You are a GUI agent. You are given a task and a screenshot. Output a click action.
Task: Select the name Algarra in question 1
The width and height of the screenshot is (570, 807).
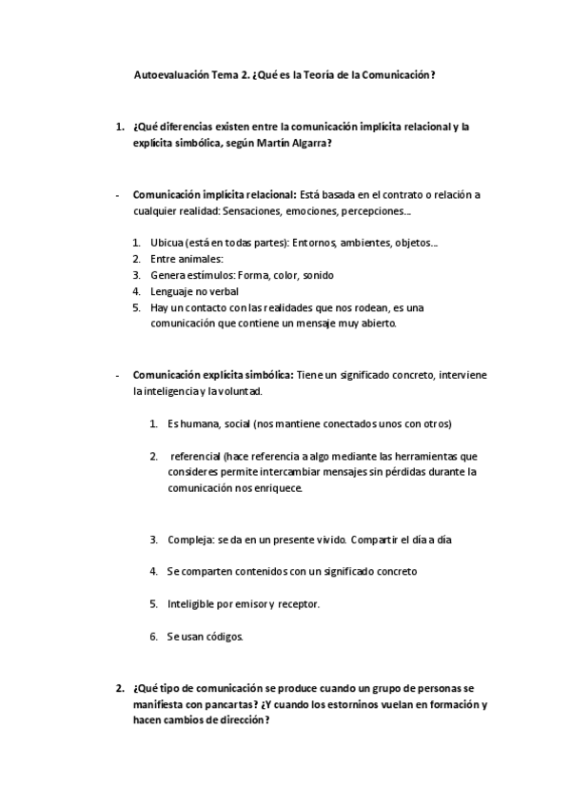311,143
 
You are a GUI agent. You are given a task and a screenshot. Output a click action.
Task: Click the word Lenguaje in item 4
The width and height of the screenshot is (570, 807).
172,291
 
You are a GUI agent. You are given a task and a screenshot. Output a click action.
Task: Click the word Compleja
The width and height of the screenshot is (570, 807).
189,540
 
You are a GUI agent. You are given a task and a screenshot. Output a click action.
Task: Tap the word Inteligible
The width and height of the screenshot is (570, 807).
196,603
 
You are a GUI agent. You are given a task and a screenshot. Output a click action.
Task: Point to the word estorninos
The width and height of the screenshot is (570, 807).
344,704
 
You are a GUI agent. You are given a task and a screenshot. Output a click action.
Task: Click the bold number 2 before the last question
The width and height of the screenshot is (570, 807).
119,688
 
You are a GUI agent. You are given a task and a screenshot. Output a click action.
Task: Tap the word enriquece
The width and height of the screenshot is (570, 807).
276,488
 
